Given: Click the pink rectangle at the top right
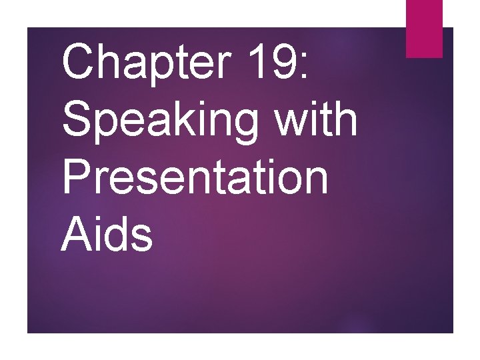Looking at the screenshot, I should click(424, 28).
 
